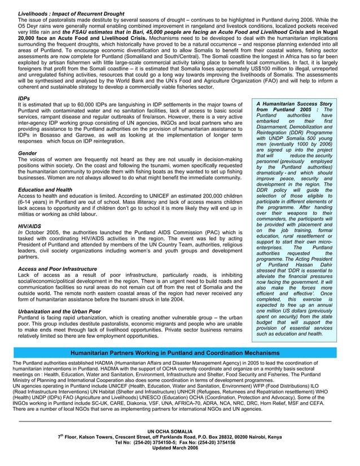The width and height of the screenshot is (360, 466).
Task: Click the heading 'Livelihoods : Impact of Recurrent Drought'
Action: pos(71,12)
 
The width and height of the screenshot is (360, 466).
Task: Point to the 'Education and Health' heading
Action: pos(45,190)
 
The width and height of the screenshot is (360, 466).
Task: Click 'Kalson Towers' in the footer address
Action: pos(99,437)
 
